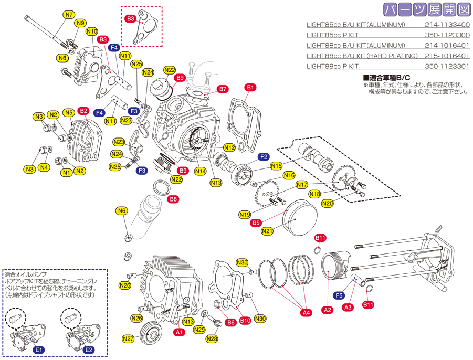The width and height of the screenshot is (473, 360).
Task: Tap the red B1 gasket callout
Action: click(x=250, y=87)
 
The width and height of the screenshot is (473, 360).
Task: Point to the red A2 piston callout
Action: click(x=328, y=310)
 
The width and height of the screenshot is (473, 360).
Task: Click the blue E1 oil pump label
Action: click(x=39, y=350)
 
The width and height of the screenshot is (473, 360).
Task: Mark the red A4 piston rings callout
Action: click(x=307, y=313)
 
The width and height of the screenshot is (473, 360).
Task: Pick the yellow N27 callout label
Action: click(x=128, y=338)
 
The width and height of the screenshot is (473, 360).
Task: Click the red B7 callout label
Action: click(x=223, y=89)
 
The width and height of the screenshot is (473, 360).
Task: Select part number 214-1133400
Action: click(x=447, y=25)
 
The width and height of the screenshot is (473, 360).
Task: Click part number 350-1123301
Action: click(x=447, y=67)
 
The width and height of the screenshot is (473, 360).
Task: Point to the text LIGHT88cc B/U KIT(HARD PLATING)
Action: click(x=362, y=56)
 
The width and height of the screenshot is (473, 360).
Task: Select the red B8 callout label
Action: click(x=173, y=199)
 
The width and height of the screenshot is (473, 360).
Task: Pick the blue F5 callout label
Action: click(x=339, y=295)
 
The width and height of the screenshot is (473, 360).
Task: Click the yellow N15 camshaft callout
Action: click(x=277, y=166)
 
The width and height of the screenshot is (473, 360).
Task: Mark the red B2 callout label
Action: click(x=83, y=111)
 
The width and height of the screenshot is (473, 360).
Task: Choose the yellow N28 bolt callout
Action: click(x=212, y=339)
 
